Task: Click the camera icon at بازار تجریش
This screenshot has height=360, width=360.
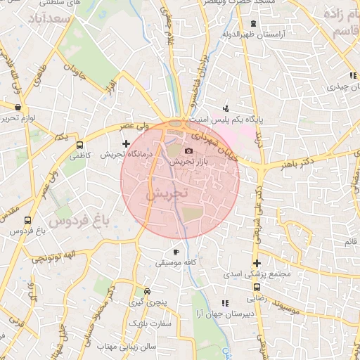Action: pos(188,151)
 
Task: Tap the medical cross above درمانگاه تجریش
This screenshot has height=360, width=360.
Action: pos(126,143)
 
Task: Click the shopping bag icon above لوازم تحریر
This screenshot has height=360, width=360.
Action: pos(18,108)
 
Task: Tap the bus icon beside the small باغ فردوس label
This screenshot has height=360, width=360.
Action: pos(27,219)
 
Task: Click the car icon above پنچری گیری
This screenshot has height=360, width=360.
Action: pos(147,291)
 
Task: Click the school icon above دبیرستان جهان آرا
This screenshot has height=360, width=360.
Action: pos(225,303)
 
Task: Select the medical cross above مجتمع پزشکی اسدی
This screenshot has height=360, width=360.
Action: pos(257,264)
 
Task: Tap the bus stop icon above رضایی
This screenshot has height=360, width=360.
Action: pos(257,287)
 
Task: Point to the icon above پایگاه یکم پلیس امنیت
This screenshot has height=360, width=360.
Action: pos(226,109)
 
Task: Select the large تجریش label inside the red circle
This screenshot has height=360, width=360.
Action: pos(167,193)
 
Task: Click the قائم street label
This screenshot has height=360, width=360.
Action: pos(349,243)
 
